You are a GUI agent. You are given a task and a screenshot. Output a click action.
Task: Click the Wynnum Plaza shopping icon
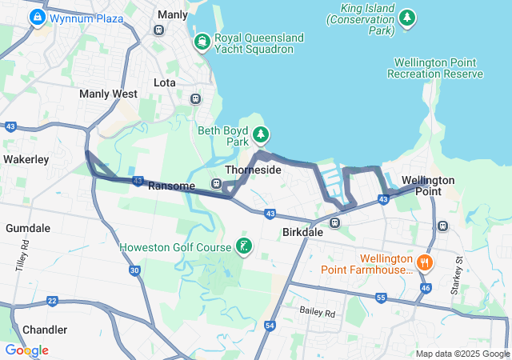pyautogui.click(x=37, y=18)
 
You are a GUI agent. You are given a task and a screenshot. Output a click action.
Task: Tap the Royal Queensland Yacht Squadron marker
pyautogui.click(x=202, y=41)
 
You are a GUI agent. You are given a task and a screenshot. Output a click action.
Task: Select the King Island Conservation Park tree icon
pyautogui.click(x=408, y=18)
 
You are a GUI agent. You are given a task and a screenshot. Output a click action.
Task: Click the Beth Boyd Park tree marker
pyautogui.click(x=261, y=134)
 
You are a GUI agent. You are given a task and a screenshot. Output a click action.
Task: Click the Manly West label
pyautogui.click(x=108, y=94)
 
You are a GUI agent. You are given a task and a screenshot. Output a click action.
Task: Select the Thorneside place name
pyautogui.click(x=253, y=170)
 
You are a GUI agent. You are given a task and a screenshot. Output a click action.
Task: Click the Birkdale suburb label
pyautogui.click(x=302, y=232)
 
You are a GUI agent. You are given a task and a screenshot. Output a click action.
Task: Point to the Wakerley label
pyautogui.click(x=26, y=159)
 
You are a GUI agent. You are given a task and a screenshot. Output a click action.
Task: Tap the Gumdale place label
pyautogui.click(x=28, y=228)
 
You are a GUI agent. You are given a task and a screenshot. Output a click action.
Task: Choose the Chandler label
pyautogui.click(x=45, y=330)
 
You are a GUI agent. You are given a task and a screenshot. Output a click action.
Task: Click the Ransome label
pyautogui.click(x=172, y=186)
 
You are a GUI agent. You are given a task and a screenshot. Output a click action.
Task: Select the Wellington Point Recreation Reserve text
pyautogui.click(x=435, y=68)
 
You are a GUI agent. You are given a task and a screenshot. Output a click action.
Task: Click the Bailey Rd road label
pyautogui.click(x=318, y=310)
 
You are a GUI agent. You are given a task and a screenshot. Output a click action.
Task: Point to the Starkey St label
pyautogui.click(x=459, y=272)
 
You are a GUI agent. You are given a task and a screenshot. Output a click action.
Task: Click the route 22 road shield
pyautogui.click(x=52, y=301)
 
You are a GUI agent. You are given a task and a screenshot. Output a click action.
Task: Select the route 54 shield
pyautogui.click(x=270, y=326)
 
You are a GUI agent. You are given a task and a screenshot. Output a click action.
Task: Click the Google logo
pyautogui.click(x=26, y=350)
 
